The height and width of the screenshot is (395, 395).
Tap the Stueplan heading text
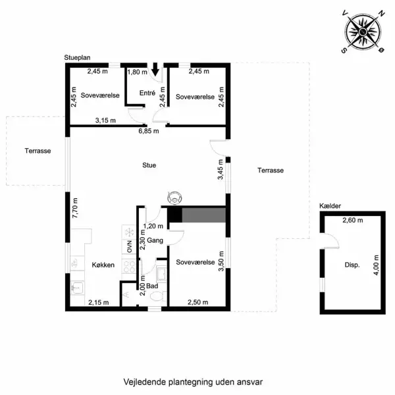click(78, 59)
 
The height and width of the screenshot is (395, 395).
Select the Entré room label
click(147, 93)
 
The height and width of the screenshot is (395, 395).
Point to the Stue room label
click(149, 166)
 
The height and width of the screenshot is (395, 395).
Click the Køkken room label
click(104, 265)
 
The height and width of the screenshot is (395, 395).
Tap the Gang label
click(155, 240)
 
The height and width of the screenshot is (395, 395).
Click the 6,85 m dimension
click(148, 131)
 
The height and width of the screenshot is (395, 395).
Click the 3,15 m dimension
click(105, 120)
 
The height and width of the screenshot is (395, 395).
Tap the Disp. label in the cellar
click(352, 266)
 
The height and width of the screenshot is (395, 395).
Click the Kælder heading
click(330, 206)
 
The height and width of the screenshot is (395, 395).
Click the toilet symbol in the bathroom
click(156, 297)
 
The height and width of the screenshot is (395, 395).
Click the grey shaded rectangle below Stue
click(204, 215)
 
